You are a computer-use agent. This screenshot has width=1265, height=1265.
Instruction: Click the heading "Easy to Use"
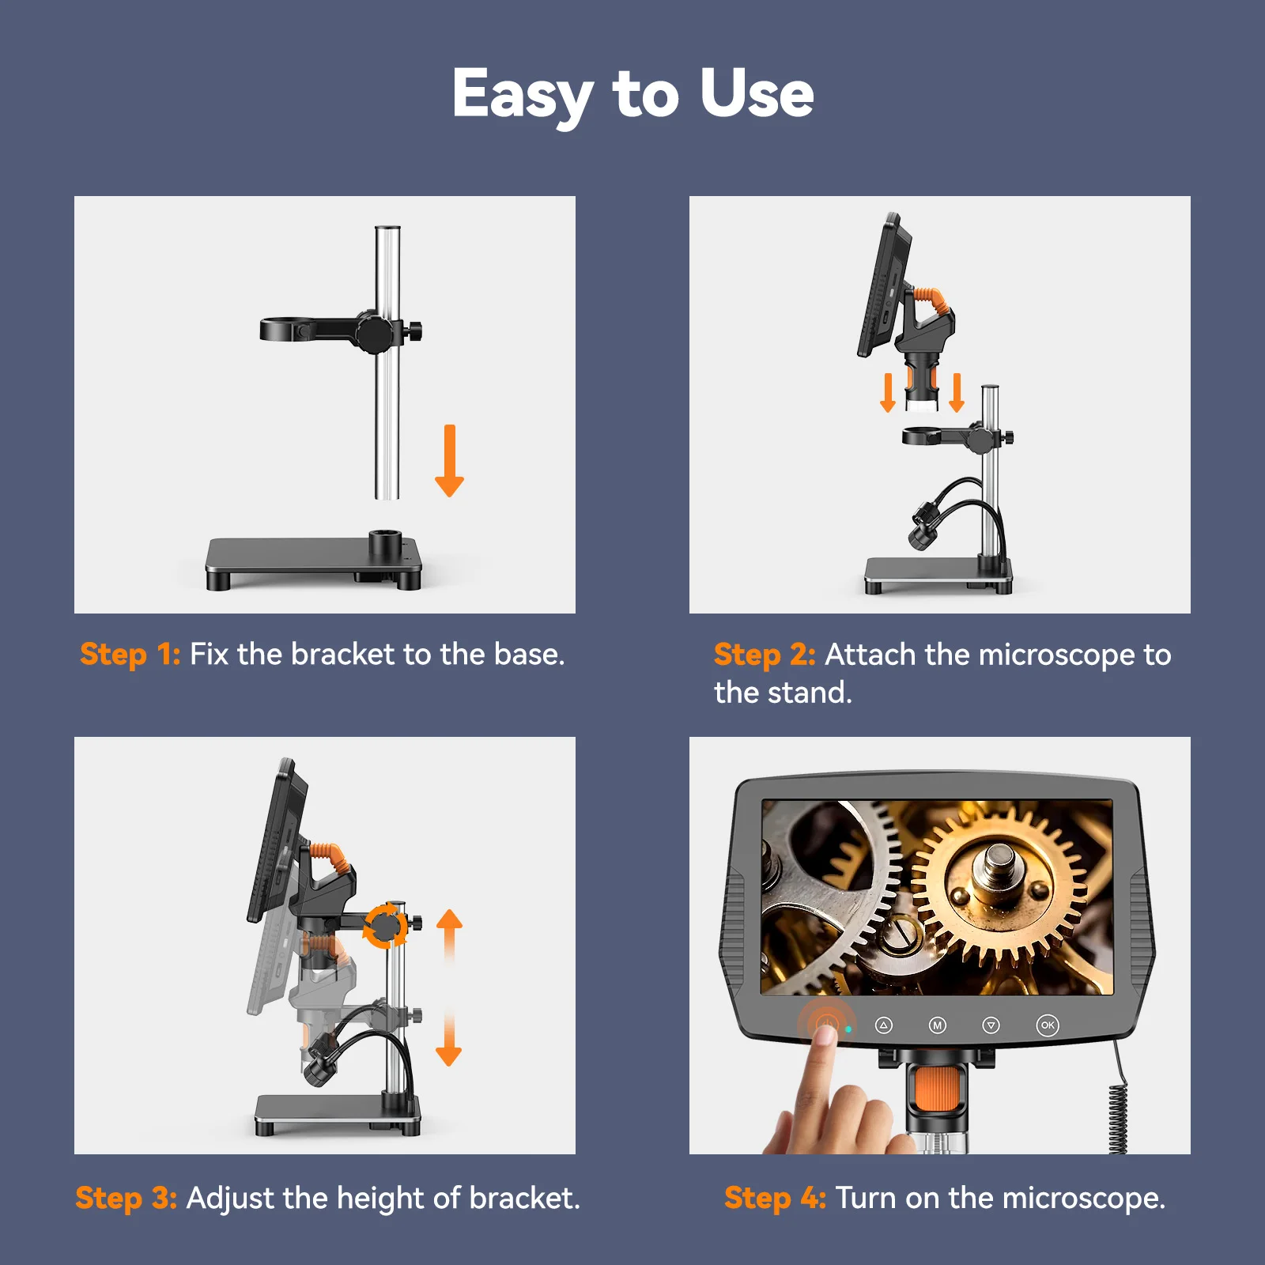[632, 95]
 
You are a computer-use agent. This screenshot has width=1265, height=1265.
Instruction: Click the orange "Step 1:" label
[130, 655]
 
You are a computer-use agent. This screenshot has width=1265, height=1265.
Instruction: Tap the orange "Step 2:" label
[765, 655]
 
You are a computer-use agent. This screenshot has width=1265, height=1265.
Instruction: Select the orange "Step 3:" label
[126, 1199]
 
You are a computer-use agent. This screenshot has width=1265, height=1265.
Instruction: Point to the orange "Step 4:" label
[776, 1199]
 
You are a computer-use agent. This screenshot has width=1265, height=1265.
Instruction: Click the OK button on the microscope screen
[1048, 1025]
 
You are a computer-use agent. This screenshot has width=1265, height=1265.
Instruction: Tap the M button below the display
[937, 1025]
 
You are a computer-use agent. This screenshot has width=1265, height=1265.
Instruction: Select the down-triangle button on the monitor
[991, 1025]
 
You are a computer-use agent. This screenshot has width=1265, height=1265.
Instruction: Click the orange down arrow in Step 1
[449, 461]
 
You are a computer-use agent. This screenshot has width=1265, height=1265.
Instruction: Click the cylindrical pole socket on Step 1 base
[386, 546]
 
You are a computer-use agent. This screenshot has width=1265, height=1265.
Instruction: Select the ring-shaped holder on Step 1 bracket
[288, 329]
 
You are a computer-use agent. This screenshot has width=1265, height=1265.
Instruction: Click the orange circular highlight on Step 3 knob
[385, 925]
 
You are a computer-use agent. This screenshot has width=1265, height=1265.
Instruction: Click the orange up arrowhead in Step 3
[449, 919]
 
